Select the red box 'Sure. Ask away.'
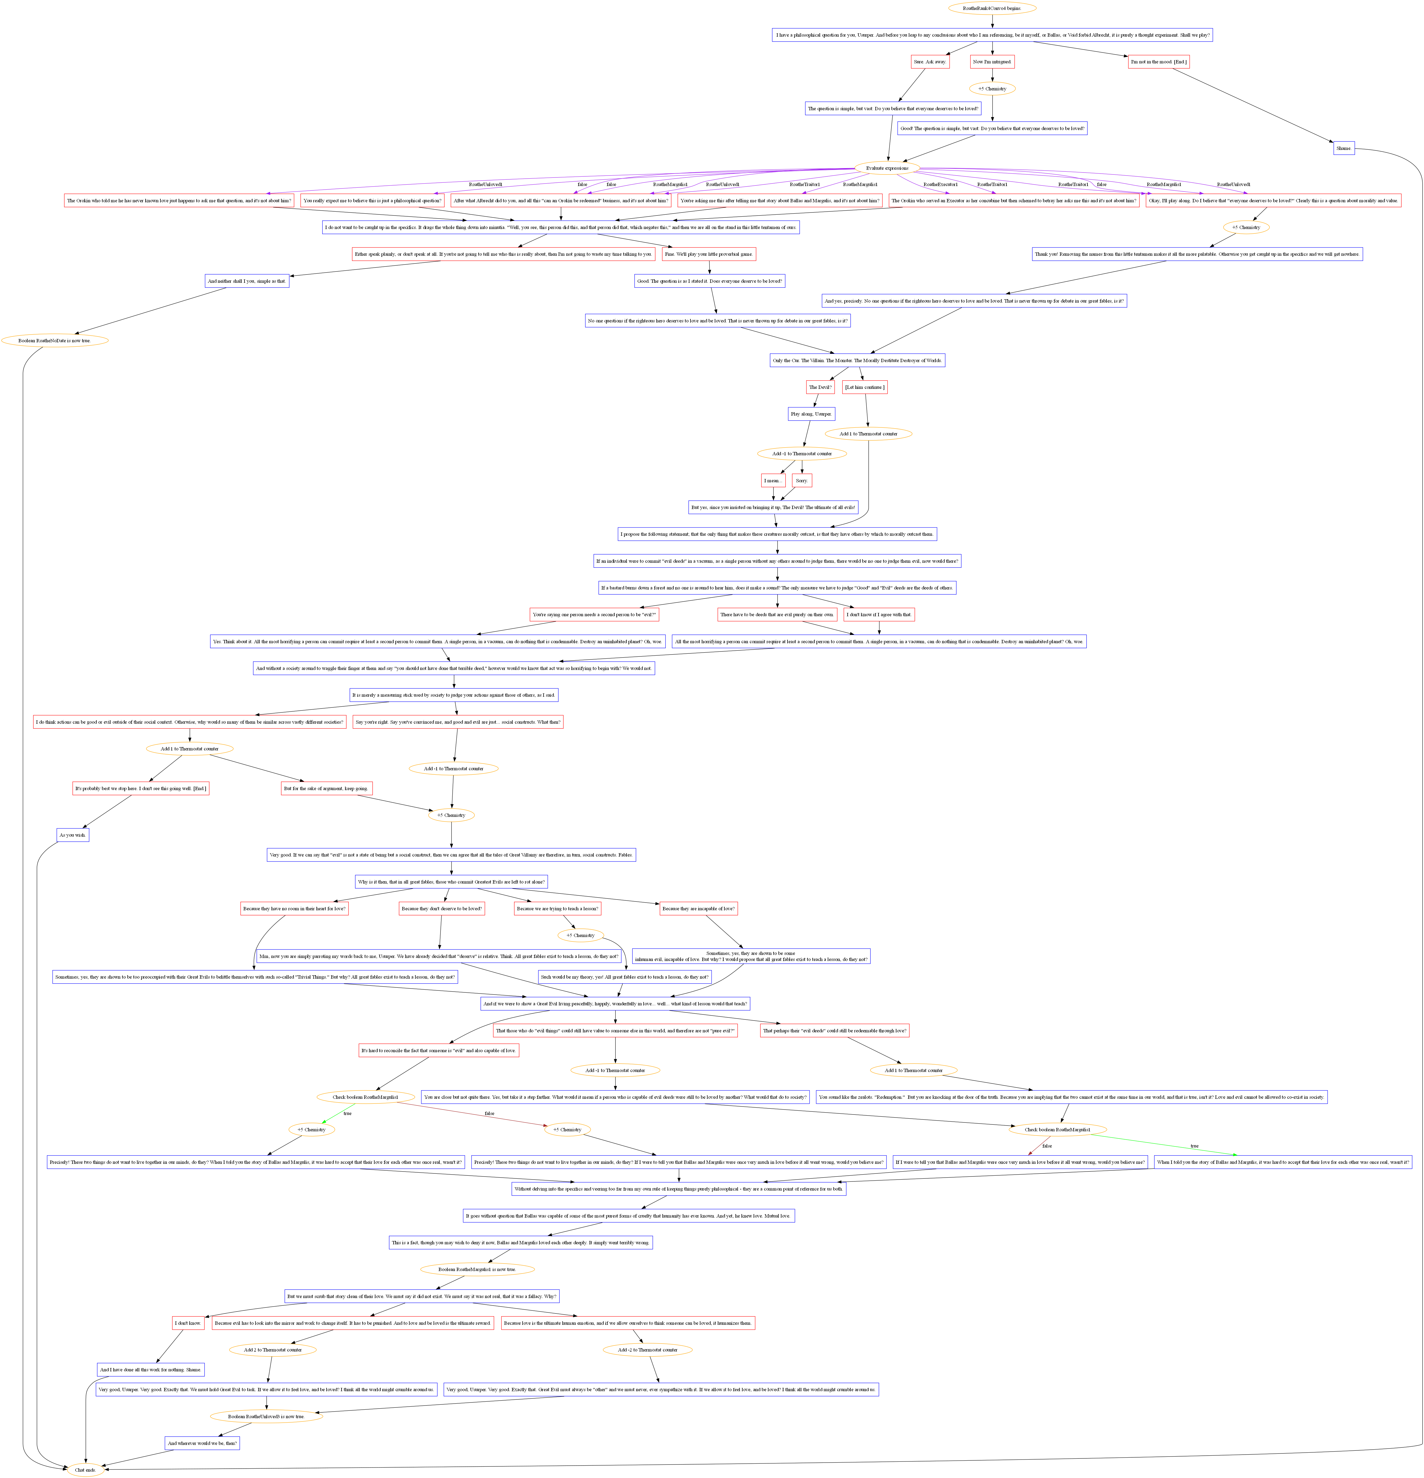(930, 62)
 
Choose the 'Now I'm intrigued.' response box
(992, 62)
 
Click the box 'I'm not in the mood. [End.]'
(1159, 62)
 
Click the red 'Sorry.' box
(802, 480)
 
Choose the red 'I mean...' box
(773, 480)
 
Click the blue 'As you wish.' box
(73, 835)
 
